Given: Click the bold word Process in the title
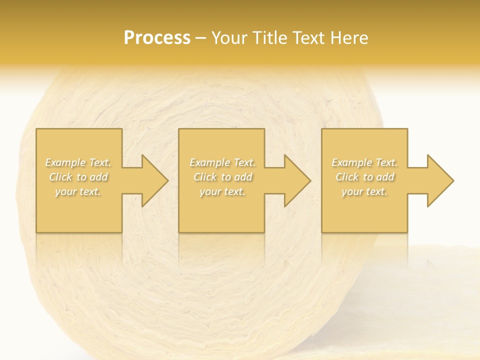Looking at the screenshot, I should click(157, 38).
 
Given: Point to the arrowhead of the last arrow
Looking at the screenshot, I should click(439, 180).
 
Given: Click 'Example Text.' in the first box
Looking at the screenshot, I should click(78, 162).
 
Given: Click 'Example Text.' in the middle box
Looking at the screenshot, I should click(222, 162).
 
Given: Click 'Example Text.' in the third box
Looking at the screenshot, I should click(364, 162).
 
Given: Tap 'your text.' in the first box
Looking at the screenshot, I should click(78, 191).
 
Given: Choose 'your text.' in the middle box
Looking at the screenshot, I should click(222, 191).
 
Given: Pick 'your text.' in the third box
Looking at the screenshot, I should click(364, 191).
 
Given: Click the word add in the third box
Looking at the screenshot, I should click(385, 177).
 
